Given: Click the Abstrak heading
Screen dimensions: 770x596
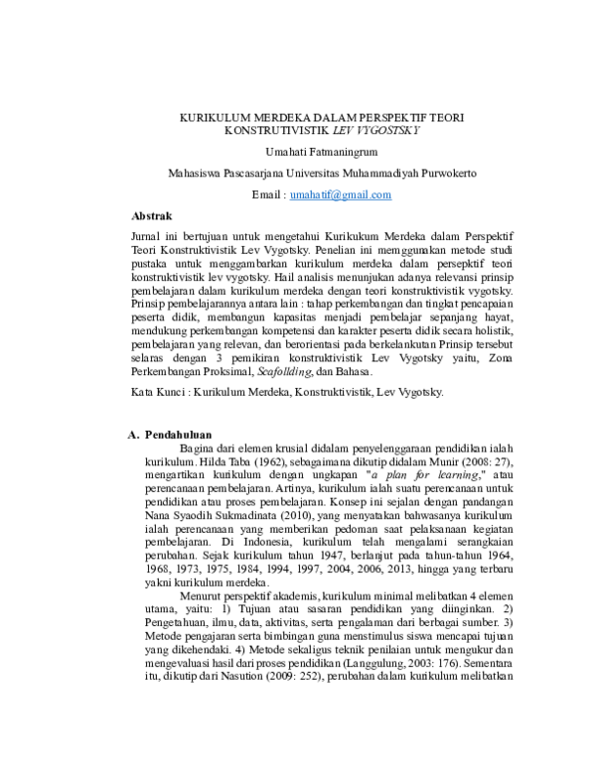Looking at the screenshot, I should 152,215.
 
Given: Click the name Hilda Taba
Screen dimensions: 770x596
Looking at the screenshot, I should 226,462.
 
